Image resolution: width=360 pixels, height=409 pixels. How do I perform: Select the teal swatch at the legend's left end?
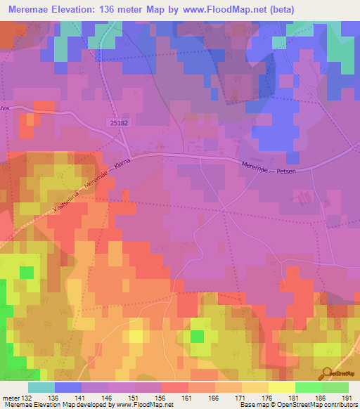tap(41, 387)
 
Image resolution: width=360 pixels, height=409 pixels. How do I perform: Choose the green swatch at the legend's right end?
tap(335, 387)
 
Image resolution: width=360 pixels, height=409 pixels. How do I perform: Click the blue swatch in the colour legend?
tap(68, 387)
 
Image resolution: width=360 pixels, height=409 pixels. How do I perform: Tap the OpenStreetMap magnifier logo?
tap(328, 372)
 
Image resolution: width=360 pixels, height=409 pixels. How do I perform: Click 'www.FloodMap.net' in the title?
tap(213, 9)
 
